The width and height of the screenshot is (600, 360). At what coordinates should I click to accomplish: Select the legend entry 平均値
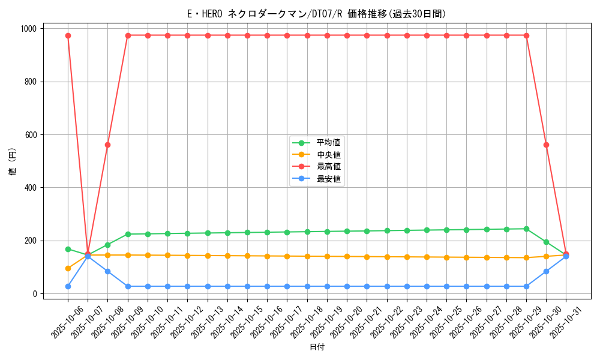328,142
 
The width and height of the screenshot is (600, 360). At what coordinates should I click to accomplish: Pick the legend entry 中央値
328,154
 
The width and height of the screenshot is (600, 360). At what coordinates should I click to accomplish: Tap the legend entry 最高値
328,166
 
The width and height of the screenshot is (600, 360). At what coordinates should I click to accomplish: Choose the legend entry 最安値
328,178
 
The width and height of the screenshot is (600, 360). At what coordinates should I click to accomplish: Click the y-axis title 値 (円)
13,161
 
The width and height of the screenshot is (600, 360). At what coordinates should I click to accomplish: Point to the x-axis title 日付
317,347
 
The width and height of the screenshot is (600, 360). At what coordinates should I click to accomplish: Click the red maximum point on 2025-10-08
108,145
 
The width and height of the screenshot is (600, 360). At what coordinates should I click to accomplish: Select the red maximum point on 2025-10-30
546,145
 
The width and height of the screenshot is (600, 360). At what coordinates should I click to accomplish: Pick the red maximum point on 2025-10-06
68,35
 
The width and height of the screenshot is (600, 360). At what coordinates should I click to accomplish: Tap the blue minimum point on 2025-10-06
68,286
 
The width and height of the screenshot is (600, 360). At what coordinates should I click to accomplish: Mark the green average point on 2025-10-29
526,229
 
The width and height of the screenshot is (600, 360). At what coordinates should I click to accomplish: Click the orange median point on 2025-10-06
68,268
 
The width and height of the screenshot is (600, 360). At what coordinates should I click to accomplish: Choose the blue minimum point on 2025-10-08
108,271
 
